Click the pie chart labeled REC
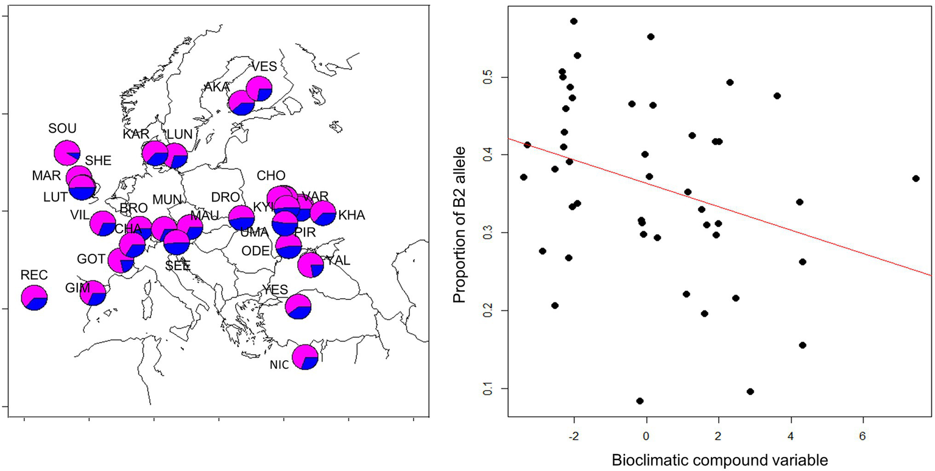tap(34, 298)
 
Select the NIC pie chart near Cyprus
tap(305, 357)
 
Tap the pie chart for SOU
tap(66, 153)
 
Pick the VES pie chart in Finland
tap(259, 89)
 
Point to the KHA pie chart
tap(323, 213)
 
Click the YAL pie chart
tap(311, 265)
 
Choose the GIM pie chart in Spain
tap(93, 293)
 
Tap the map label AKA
tap(216, 87)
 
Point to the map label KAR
tap(136, 134)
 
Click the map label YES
tap(275, 290)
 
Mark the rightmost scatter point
tap(916, 178)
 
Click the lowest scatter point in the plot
tap(640, 401)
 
